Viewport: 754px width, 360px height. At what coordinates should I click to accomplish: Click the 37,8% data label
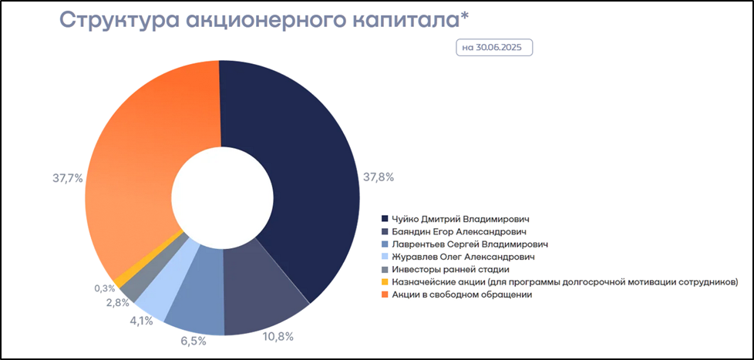tap(379, 177)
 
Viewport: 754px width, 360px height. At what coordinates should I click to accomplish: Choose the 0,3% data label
tap(104, 288)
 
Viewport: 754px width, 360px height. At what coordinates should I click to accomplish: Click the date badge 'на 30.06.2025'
tap(494, 46)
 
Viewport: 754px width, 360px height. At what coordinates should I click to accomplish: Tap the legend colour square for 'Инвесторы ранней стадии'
tap(385, 269)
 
